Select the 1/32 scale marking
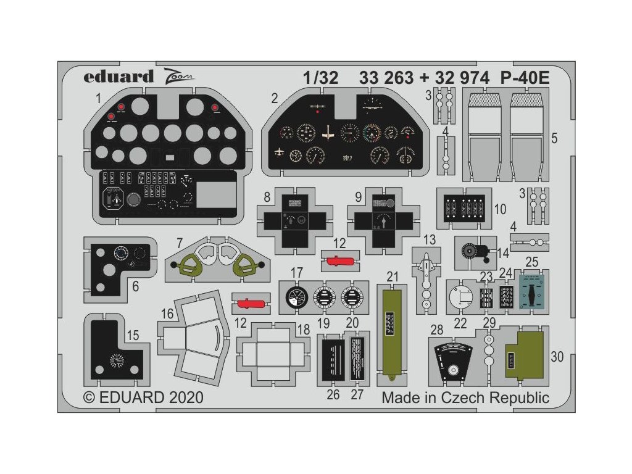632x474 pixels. [321, 78]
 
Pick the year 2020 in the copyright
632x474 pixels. [184, 397]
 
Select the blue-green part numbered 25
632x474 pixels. [531, 290]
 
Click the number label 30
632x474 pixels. [557, 357]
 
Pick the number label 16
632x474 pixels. [167, 314]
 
